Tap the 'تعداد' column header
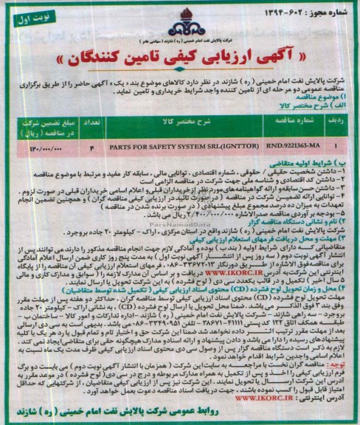pyautogui.click(x=93, y=117)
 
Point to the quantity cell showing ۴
pyautogui.click(x=92, y=147)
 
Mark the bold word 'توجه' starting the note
pyautogui.click(x=340, y=364)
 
